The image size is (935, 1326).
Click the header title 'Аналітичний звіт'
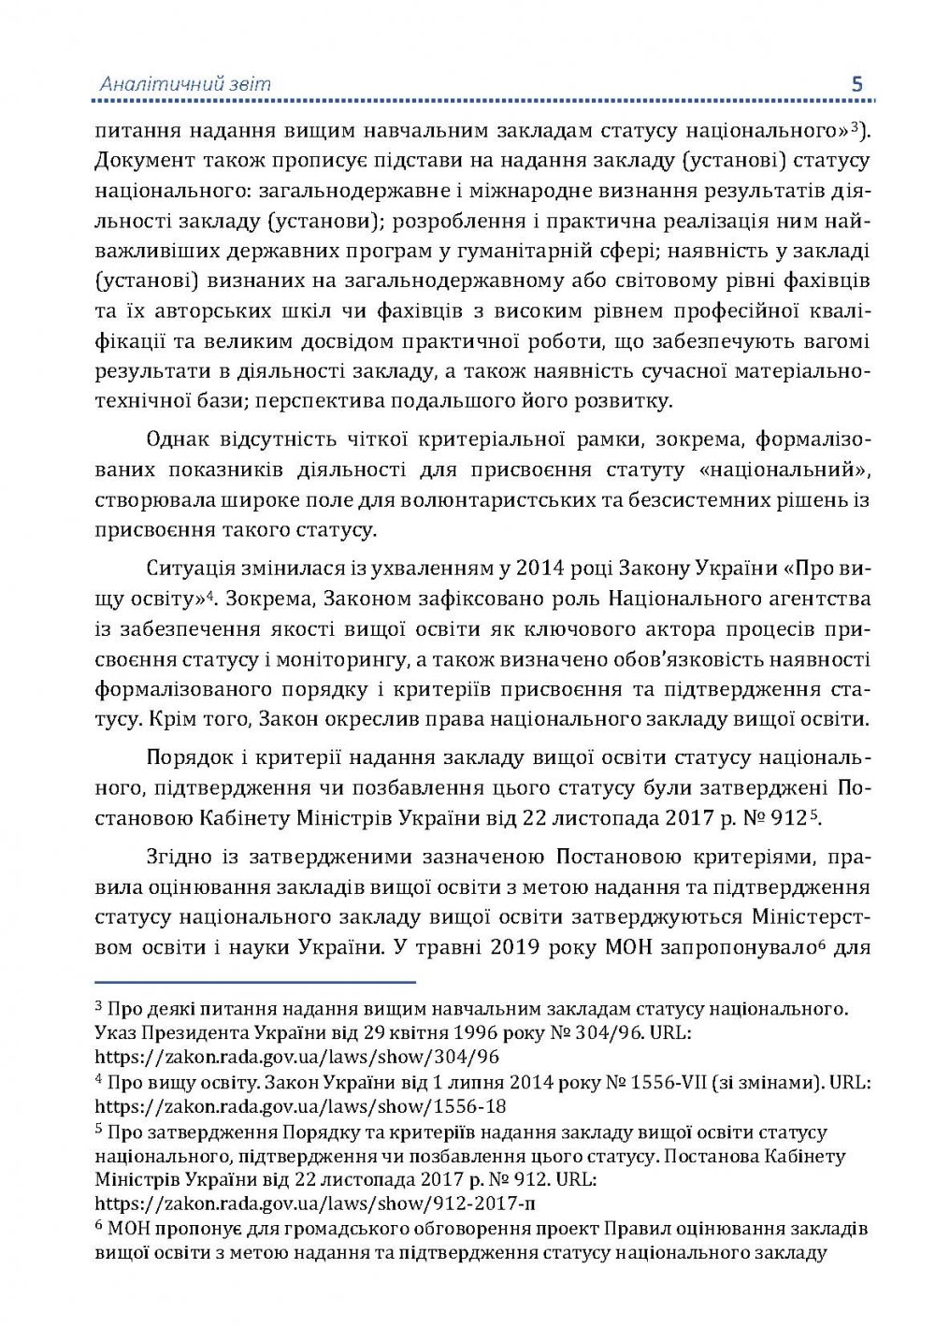(185, 84)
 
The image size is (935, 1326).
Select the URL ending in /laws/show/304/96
(297, 1057)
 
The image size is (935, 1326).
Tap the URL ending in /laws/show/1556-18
(301, 1106)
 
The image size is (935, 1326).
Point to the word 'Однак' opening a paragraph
(177, 439)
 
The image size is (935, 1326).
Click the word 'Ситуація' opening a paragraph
(188, 568)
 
